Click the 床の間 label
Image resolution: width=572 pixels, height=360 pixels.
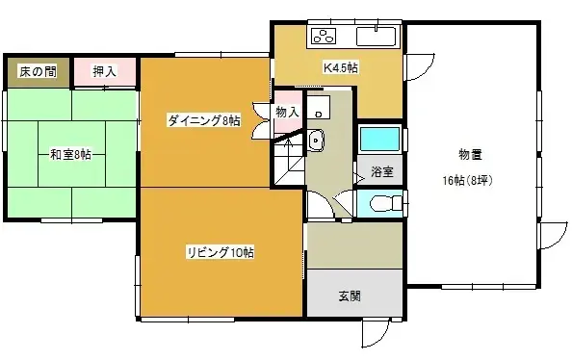tap(36, 71)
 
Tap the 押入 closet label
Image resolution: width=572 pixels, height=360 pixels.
tap(105, 71)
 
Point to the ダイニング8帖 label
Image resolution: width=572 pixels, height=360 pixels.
tap(203, 120)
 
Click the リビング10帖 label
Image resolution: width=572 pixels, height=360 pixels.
tap(221, 252)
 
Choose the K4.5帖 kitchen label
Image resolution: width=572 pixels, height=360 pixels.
tap(340, 67)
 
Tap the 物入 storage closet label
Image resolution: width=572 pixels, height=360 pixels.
tap(287, 113)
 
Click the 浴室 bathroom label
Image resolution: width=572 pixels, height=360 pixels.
tap(381, 172)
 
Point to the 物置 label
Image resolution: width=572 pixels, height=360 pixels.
tap(470, 154)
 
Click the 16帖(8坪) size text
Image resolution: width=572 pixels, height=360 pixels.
tap(468, 180)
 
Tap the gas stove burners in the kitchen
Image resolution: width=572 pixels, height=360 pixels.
tap(323, 38)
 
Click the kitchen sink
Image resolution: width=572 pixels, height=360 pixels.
tap(376, 38)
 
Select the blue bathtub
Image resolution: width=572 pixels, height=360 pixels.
tap(377, 139)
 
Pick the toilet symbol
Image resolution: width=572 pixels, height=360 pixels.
tap(382, 204)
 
